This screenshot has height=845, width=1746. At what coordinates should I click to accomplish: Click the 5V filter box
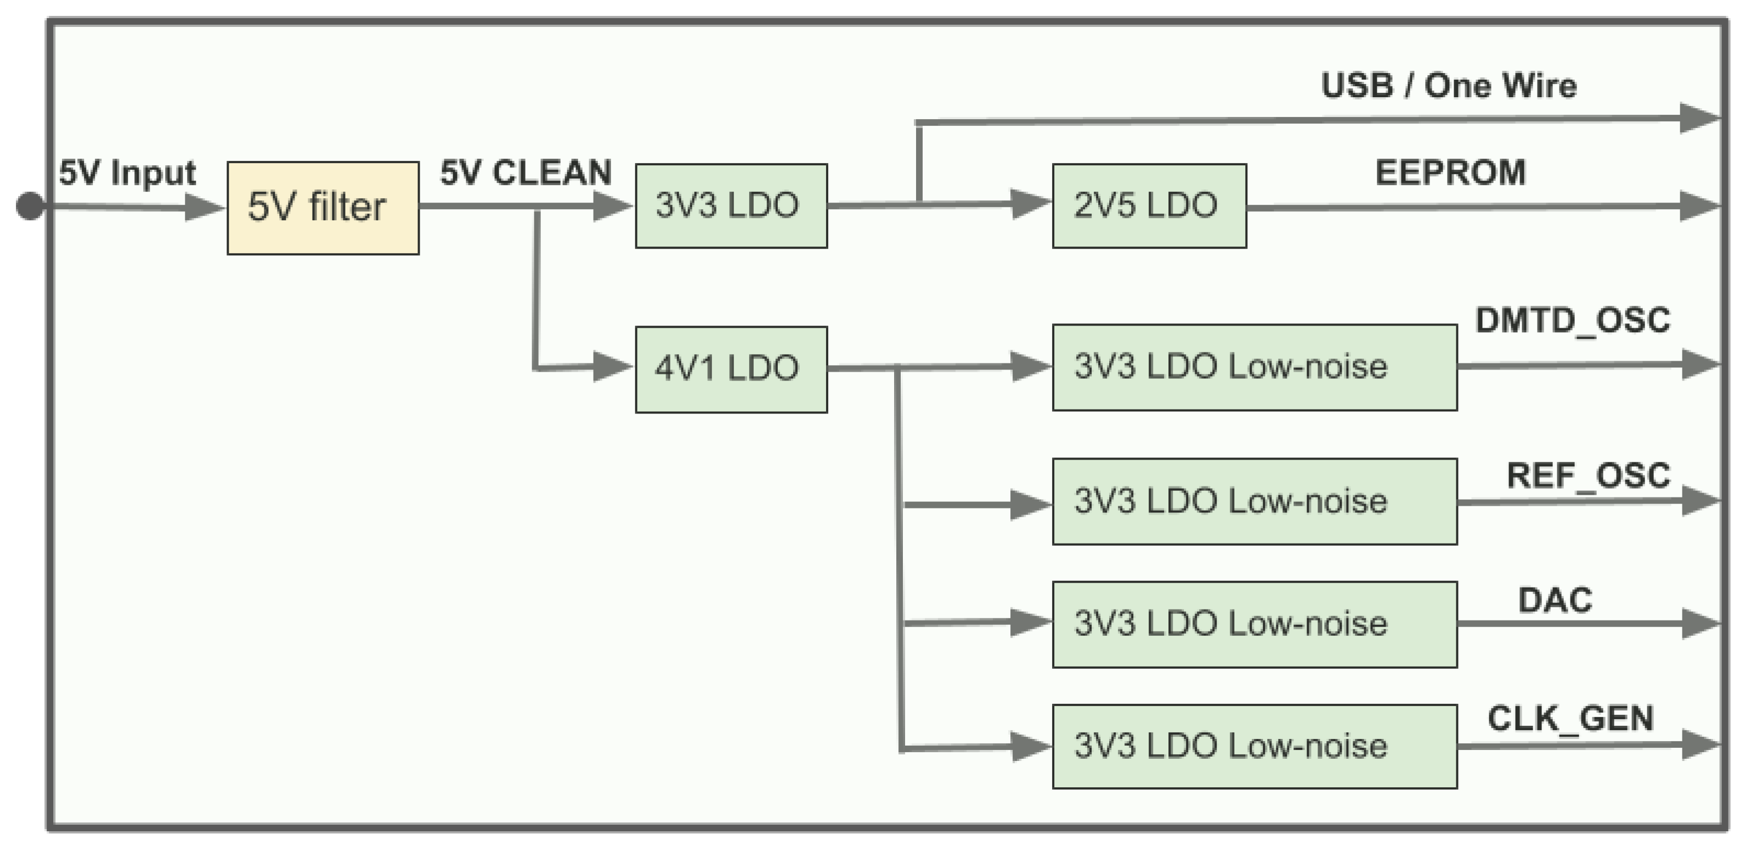point(323,208)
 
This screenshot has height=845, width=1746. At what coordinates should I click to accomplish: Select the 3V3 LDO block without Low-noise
point(731,205)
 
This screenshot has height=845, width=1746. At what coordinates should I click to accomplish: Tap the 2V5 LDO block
point(1149,205)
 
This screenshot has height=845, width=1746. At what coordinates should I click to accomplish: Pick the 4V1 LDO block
point(731,369)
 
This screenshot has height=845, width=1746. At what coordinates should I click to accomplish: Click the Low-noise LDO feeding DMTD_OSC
point(1254,367)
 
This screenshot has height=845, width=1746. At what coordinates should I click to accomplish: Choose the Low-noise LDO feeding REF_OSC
point(1254,501)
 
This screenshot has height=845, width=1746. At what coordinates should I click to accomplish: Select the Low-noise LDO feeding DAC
point(1254,624)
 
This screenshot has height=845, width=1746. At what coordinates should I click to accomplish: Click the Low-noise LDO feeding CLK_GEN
point(1254,746)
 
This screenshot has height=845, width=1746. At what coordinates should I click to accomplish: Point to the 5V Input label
point(127,172)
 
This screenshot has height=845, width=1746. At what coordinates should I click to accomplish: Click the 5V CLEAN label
point(526,172)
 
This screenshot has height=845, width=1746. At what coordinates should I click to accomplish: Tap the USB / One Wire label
point(1449,86)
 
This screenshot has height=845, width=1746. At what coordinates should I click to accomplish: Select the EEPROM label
point(1450,172)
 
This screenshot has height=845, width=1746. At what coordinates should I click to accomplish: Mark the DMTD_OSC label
point(1573,320)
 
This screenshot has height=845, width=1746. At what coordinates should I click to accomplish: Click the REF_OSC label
point(1588,475)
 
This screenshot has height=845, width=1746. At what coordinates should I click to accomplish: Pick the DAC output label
point(1555,600)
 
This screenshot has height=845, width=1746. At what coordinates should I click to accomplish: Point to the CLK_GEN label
point(1570,718)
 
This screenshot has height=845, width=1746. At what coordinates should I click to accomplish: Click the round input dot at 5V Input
point(30,206)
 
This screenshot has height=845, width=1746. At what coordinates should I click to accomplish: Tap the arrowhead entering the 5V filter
point(204,207)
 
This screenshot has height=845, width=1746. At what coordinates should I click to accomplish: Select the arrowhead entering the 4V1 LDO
point(612,367)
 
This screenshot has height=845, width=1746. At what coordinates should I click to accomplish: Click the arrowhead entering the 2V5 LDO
point(1029,204)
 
